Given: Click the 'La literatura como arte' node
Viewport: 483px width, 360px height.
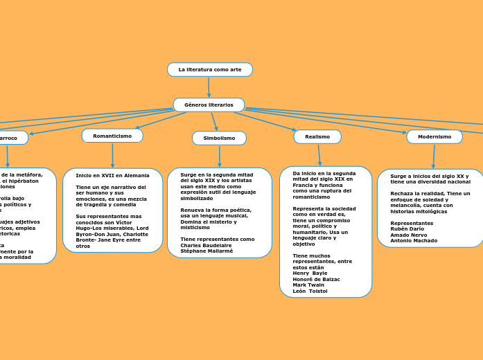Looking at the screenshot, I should (209, 70).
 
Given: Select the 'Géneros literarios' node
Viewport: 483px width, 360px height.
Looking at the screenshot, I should (209, 105).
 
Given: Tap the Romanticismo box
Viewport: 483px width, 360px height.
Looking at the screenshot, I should (112, 136).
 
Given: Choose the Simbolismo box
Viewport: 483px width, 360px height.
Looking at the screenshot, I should (219, 138).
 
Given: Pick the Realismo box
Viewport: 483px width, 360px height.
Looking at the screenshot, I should (317, 137).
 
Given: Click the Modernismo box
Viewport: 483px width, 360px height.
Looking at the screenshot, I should (434, 137).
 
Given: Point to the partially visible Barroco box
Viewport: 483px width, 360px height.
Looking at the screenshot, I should (10, 138).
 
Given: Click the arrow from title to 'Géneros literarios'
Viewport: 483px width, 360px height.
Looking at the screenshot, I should (209, 87).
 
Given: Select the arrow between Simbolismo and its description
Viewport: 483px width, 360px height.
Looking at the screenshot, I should (219, 156).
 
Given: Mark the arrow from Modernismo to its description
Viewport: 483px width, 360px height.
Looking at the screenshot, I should (434, 156).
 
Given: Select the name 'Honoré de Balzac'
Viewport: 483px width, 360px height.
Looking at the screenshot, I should (316, 279).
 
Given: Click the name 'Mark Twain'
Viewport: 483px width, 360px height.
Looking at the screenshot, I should (308, 285).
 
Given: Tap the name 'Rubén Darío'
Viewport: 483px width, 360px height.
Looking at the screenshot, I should (406, 229).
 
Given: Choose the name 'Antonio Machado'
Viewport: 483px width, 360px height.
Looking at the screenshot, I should (414, 241).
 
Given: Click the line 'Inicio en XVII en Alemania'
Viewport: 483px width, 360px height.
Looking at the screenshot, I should (112, 176).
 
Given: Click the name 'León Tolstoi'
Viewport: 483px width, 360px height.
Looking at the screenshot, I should (310, 291).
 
